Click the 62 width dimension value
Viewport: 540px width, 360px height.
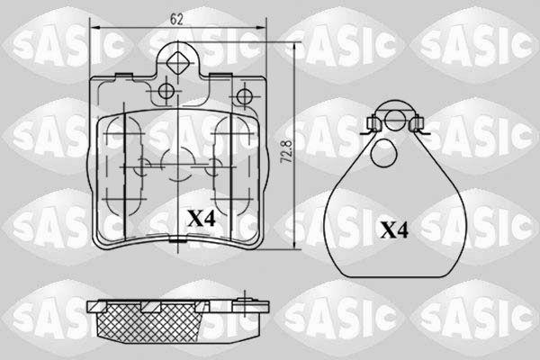pyautogui.click(x=176, y=19)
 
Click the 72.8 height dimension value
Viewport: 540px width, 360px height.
pyautogui.click(x=287, y=151)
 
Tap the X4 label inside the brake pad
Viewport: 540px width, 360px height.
pyautogui.click(x=201, y=219)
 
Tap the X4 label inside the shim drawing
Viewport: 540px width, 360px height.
pyautogui.click(x=394, y=229)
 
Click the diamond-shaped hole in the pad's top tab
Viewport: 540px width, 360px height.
pyautogui.click(x=177, y=62)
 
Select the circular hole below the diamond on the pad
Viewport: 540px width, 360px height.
pyautogui.click(x=166, y=91)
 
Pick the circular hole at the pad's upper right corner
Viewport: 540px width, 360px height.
pyautogui.click(x=245, y=96)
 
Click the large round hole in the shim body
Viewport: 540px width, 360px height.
pyautogui.click(x=385, y=154)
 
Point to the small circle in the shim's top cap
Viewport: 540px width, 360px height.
pyautogui.click(x=395, y=120)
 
